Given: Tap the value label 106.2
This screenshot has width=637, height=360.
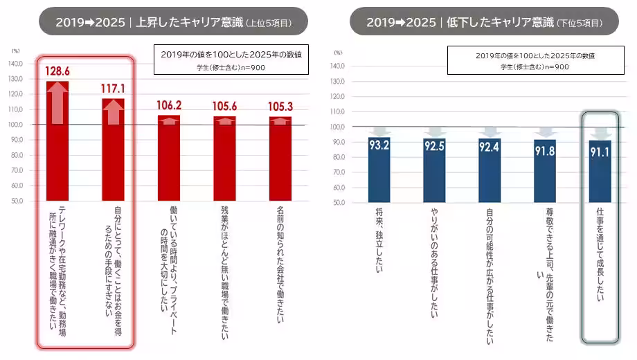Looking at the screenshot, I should (170, 105).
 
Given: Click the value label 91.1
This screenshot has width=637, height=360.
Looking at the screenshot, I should (600, 148).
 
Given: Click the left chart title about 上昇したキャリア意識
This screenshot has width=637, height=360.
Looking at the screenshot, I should (174, 21).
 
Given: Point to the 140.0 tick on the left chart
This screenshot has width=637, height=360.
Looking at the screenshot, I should (15, 64).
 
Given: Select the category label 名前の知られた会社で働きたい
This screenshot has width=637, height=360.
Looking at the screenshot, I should (280, 256).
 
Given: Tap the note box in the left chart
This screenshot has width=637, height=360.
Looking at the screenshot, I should (231, 59).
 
